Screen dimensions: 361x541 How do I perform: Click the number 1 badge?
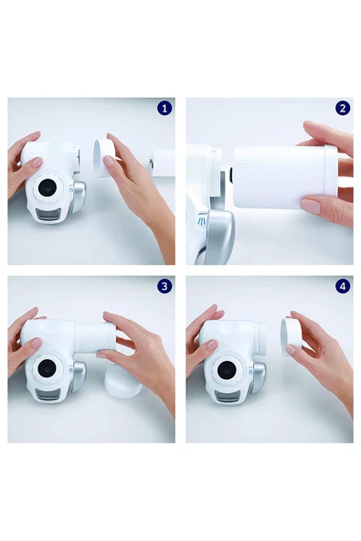coord(165,109)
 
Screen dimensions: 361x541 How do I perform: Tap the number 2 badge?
coord(343,109)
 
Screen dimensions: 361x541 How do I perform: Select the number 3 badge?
coord(165,286)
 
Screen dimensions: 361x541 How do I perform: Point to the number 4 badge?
coord(343,286)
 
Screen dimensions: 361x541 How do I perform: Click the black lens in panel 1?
coord(48,187)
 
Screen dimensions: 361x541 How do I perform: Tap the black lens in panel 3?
coord(47,368)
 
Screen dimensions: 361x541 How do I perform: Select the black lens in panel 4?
coord(227,370)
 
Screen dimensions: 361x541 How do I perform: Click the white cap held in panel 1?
coord(104,158)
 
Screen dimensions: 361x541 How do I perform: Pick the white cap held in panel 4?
coord(291,337)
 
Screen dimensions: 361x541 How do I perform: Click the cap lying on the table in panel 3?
coord(122,383)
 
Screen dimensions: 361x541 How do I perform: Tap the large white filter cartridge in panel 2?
coord(285,177)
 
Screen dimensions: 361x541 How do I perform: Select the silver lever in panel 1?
coord(78,198)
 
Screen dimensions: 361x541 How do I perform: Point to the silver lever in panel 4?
coord(258,379)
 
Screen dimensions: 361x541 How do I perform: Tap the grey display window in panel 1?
coord(48,215)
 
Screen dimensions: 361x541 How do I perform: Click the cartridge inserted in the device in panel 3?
coord(94,338)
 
